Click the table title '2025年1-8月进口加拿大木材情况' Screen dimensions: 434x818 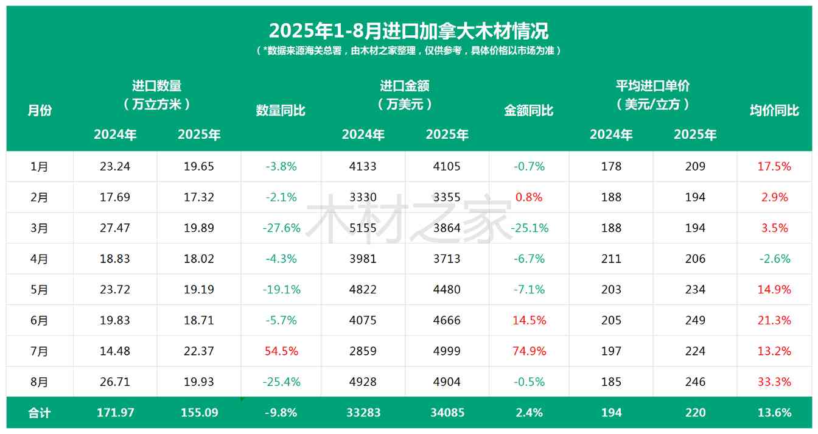tap(408, 30)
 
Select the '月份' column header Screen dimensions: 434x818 tap(40, 110)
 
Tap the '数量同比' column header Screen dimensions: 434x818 tap(281, 110)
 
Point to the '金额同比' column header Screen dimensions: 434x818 tap(529, 110)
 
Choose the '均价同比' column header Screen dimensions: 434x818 tap(774, 110)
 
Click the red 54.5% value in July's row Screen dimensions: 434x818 tap(281, 351)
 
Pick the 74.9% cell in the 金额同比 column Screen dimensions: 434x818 tap(530, 351)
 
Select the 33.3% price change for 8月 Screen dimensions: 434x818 tap(774, 382)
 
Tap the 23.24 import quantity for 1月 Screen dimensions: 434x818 tap(115, 166)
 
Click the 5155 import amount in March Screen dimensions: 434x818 tap(363, 228)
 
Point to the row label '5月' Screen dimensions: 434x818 tap(40, 290)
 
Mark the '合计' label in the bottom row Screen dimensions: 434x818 tap(40, 413)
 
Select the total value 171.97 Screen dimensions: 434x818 tap(115, 413)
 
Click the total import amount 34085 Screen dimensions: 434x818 tap(447, 413)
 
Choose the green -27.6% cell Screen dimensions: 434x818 tap(281, 228)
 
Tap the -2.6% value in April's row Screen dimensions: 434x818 tap(774, 259)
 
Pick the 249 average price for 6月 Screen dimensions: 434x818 tap(695, 320)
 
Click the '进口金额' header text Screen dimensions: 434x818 tap(405, 86)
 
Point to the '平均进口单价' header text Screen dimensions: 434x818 tap(652, 86)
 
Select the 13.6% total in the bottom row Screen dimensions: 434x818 tap(774, 413)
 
